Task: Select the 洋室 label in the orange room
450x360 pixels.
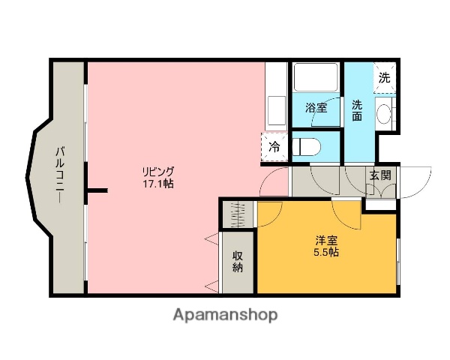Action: (325, 240)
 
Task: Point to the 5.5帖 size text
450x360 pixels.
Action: (325, 253)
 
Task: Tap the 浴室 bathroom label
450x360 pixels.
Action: (316, 108)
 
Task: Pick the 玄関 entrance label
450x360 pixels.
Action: (379, 175)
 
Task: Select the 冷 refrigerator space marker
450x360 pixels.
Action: (274, 147)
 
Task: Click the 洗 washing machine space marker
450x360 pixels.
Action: (384, 77)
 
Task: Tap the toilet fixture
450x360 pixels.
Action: (307, 145)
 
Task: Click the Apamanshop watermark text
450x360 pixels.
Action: (226, 315)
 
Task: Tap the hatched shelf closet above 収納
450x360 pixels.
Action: (238, 214)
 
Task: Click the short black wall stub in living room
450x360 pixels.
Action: (95, 190)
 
